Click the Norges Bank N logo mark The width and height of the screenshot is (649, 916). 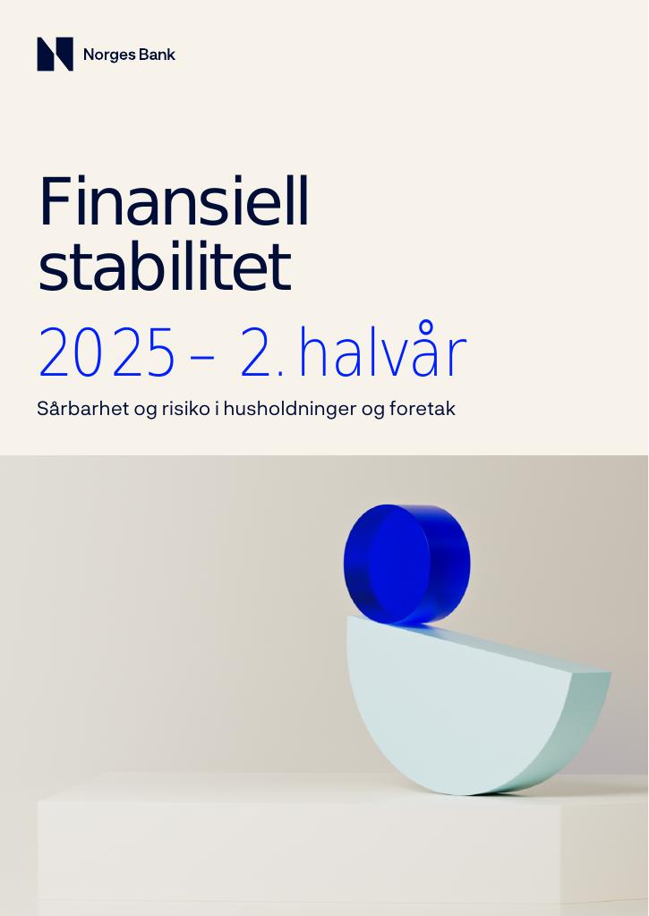coord(55,55)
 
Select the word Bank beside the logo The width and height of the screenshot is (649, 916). coord(158,55)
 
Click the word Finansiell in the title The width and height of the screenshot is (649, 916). coord(174,201)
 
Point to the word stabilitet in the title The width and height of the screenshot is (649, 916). coord(165,266)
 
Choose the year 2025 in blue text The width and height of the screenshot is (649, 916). coord(107,353)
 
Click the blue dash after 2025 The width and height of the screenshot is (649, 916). coord(202,357)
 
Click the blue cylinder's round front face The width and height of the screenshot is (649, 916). coord(399,563)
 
